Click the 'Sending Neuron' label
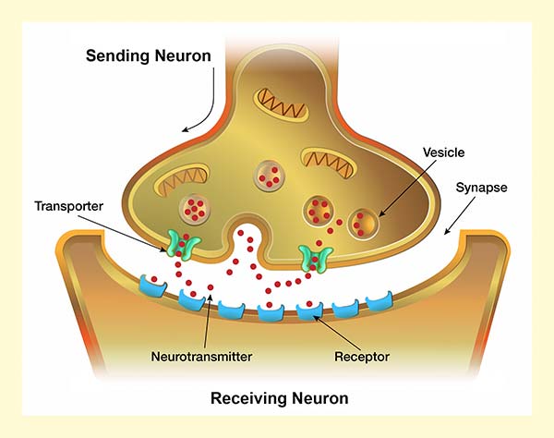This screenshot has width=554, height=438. point(149,55)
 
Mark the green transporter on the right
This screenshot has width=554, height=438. point(316,258)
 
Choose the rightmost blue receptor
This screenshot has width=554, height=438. point(379,301)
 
